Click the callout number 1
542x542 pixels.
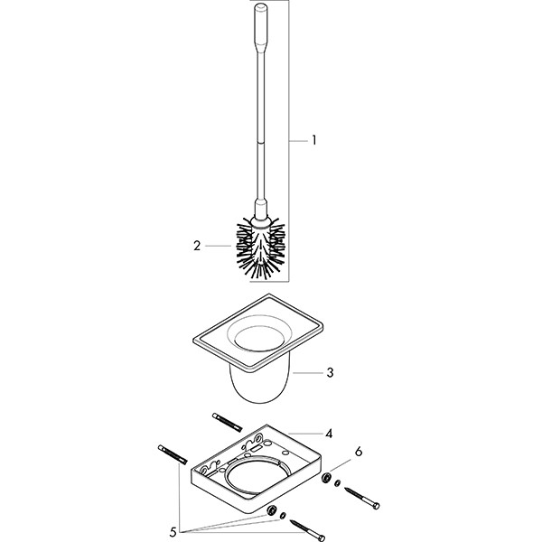point(313,140)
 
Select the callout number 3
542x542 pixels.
point(330,371)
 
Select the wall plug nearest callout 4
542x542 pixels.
point(229,421)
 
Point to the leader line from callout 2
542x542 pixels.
point(220,245)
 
